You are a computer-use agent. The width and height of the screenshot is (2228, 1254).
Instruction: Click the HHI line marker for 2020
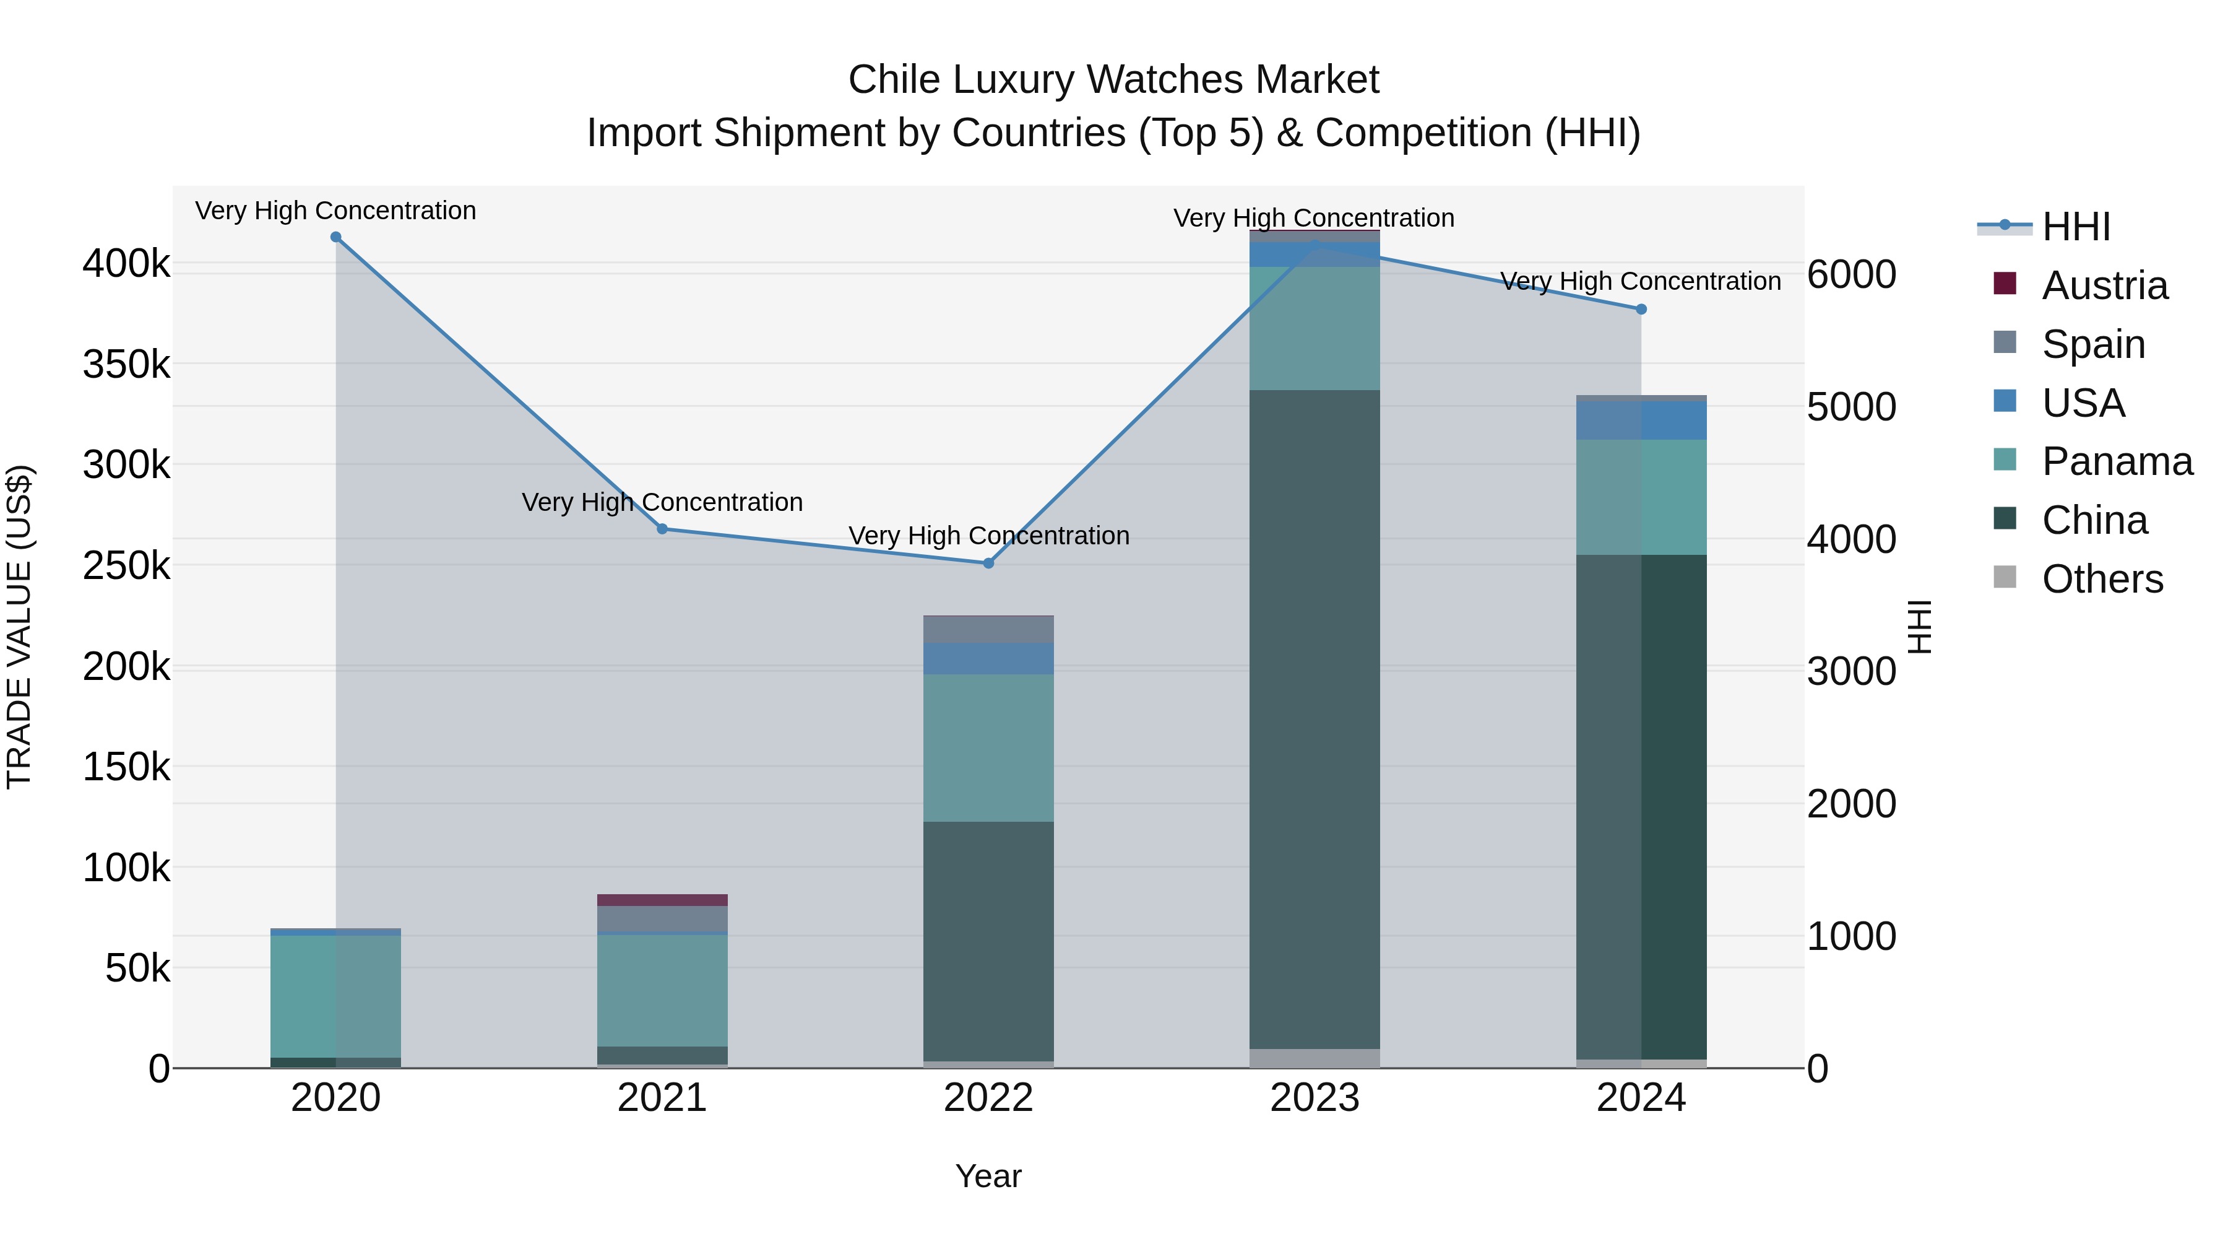335,237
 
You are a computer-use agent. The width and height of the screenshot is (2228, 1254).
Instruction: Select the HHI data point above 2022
988,564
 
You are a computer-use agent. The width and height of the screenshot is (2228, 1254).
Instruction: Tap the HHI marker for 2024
1641,309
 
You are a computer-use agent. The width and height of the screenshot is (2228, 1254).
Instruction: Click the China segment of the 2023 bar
1315,718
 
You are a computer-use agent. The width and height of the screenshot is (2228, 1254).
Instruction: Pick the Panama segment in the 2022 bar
988,747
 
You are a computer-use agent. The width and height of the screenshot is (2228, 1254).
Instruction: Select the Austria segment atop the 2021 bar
662,900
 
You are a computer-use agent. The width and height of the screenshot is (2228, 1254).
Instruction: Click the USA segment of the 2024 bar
1641,420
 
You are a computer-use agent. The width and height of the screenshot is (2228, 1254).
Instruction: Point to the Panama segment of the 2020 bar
335,995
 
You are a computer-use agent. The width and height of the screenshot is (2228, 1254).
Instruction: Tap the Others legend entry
2102,579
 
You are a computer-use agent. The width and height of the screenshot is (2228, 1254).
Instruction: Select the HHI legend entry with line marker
2076,227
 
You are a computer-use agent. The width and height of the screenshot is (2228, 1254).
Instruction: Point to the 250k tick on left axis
126,566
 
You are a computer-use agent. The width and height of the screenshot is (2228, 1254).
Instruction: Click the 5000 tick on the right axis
1851,407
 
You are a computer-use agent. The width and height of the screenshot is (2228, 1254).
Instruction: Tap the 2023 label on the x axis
1315,1098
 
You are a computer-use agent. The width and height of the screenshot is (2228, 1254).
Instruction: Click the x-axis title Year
988,1176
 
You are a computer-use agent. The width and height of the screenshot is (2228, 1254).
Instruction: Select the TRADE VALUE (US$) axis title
19,627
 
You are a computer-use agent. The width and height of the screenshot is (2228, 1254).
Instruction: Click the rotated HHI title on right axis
1919,627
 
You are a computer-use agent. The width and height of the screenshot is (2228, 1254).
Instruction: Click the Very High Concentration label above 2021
662,502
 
